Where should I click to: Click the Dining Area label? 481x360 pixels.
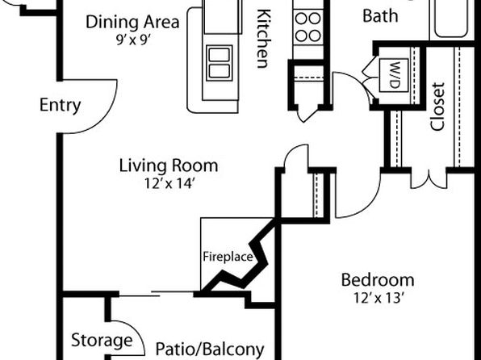(132, 22)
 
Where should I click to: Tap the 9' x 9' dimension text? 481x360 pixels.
(132, 40)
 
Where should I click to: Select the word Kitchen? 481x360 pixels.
(263, 39)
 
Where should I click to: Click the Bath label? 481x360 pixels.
(380, 15)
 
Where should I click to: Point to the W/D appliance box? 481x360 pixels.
(394, 76)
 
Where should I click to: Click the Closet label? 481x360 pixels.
(437, 107)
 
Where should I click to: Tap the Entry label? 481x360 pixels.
(60, 105)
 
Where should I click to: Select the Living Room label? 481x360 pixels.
(169, 165)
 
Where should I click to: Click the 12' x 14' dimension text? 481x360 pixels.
(169, 183)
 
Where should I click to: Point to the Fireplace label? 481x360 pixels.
(228, 257)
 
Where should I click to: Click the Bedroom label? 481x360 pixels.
(378, 280)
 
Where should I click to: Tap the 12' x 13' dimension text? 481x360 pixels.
(378, 298)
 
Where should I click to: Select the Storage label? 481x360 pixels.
(102, 340)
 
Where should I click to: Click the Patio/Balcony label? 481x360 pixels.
(210, 350)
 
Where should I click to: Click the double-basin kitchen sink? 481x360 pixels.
(220, 63)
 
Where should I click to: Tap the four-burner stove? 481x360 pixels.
(308, 27)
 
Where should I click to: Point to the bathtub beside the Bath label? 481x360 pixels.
(451, 19)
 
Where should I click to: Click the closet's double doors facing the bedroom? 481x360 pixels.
(429, 180)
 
